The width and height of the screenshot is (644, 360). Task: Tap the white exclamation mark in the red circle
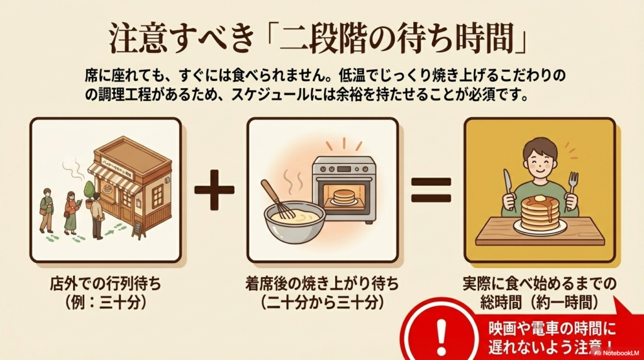(441, 332)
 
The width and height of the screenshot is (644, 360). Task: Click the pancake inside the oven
(343, 196)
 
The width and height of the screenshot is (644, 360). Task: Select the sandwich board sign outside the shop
(138, 229)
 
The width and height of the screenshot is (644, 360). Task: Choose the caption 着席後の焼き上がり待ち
(322, 284)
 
